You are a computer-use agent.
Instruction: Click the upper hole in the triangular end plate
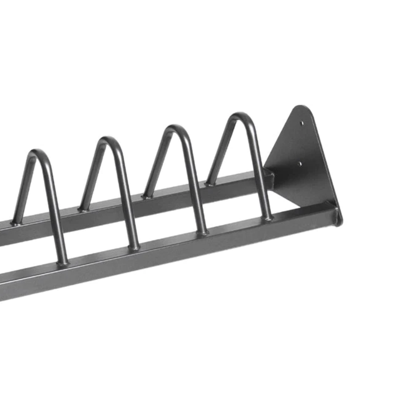301,122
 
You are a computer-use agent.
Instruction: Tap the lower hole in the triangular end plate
300,163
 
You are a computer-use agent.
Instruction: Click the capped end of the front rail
339,216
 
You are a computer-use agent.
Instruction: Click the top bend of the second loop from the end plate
174,130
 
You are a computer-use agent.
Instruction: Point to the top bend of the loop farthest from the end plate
39,154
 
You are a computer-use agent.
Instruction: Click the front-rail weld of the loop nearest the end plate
268,217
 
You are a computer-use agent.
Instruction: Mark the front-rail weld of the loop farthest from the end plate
63,262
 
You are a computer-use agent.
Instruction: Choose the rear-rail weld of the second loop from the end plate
147,195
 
